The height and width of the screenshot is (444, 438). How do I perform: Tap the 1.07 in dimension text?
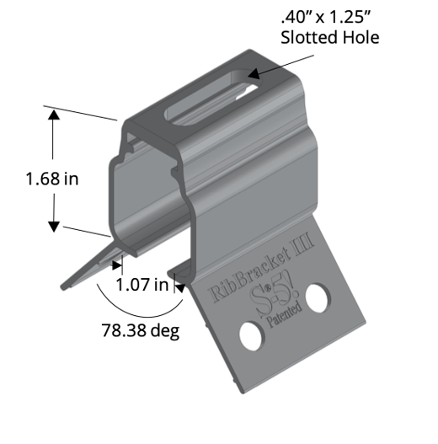(x=143, y=284)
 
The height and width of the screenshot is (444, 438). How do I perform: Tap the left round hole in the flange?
(x=250, y=335)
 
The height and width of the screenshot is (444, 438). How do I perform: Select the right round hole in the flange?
(x=318, y=297)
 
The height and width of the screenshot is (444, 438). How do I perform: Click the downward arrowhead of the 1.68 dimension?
(x=54, y=225)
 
